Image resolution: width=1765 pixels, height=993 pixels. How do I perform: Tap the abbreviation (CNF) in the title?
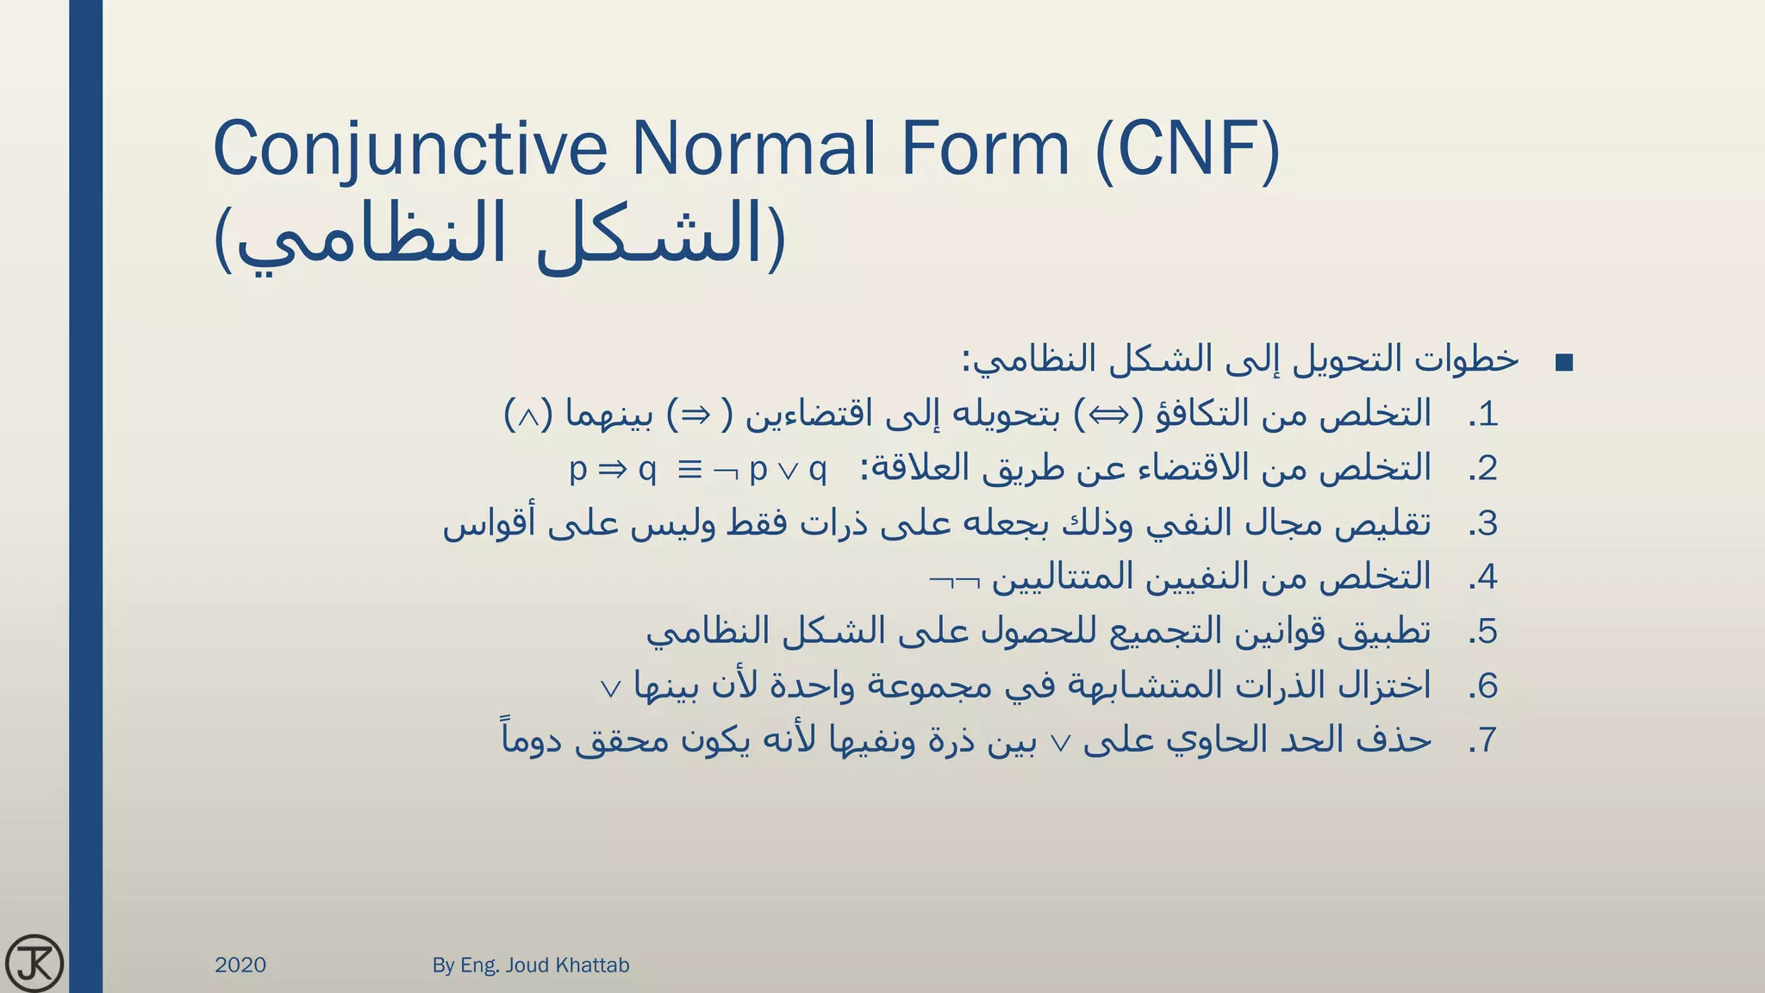(1188, 148)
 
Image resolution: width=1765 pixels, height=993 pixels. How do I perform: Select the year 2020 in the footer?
(240, 965)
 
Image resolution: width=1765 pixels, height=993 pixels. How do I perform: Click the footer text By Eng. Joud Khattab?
(531, 965)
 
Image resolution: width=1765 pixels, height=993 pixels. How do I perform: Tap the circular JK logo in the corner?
(34, 963)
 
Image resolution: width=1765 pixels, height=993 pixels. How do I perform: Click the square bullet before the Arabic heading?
(1564, 363)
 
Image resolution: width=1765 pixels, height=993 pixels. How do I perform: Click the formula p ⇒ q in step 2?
(613, 470)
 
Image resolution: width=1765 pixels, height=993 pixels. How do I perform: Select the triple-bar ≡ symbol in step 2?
(689, 470)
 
